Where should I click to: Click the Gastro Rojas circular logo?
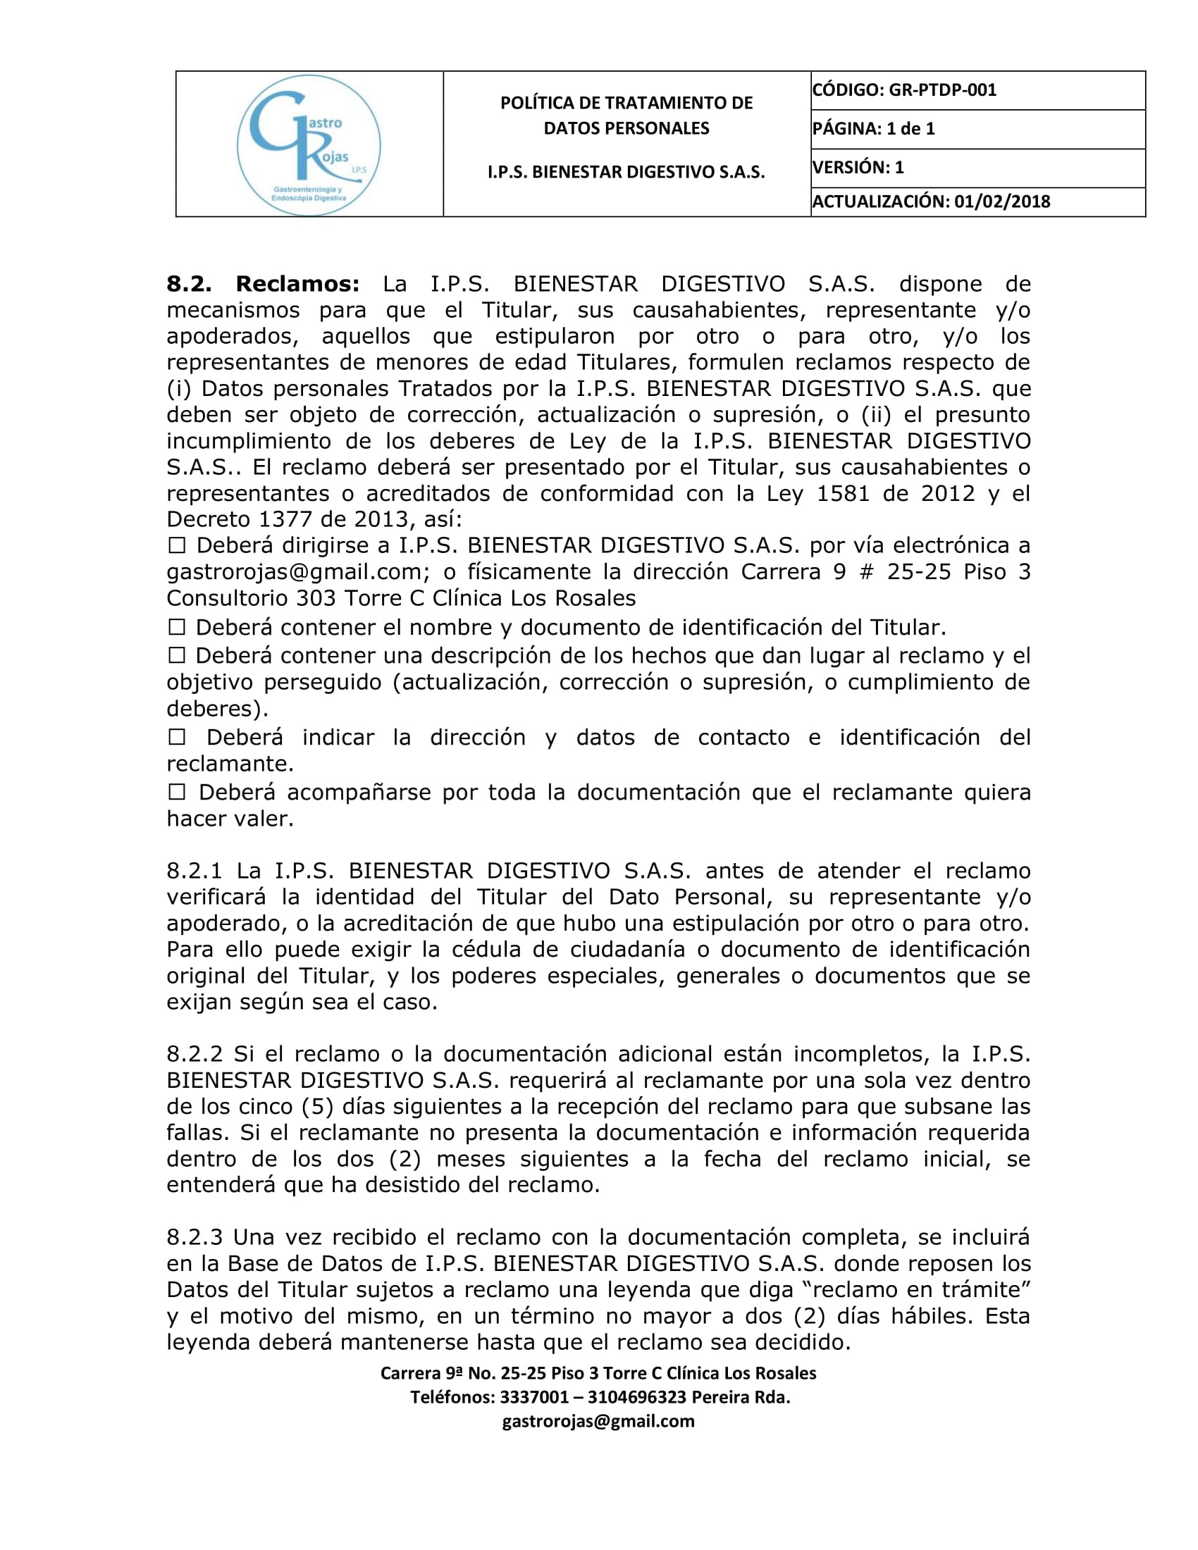pos(309,144)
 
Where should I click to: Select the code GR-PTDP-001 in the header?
pos(942,90)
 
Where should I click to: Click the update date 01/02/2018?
pos(1001,201)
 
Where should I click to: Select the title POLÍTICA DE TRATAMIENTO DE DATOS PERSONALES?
pos(626,115)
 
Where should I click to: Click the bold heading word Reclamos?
pos(298,284)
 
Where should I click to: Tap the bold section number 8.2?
pos(189,284)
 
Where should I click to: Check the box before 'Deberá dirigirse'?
pos(176,546)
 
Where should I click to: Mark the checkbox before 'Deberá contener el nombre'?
pos(176,627)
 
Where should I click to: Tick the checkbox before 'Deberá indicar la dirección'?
pos(176,738)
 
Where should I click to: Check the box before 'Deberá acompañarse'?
pos(176,792)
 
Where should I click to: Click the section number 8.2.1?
pos(194,871)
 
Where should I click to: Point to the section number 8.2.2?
pos(194,1054)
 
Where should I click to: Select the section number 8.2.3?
pos(194,1237)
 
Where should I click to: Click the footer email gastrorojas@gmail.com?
pos(598,1421)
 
